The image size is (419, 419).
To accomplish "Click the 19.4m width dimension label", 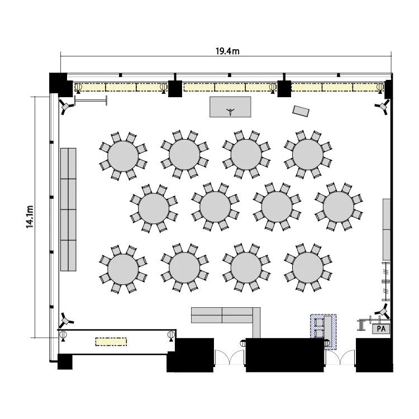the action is pos(227,51).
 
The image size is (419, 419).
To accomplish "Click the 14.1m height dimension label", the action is pos(30,217).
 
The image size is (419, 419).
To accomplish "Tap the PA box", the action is pos(381,328).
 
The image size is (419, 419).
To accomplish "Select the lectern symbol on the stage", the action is pos(230,111).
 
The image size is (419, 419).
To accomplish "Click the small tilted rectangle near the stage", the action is pos(301,111).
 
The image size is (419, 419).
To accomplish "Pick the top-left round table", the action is pos(123,156).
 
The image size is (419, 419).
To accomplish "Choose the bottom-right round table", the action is pos(308,268).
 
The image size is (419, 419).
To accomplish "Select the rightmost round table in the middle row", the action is pos(339,207).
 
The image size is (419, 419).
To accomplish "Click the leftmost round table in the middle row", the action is pos(154,208).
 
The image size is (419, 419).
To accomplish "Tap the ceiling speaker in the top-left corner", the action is pos(65,107).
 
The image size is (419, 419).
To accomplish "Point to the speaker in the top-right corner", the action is pos(383,107).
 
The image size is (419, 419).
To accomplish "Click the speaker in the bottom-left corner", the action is pos(65,320).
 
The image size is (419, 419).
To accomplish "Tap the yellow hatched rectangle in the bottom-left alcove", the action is pos(111,341).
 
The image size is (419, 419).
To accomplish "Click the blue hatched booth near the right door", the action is pos(323,332).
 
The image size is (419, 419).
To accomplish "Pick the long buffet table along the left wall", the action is pos(68,209).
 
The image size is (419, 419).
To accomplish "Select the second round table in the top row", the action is pos(184,154).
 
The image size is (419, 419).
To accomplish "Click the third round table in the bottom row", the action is pos(246,268).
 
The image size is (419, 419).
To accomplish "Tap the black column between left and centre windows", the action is pos(175,88).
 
